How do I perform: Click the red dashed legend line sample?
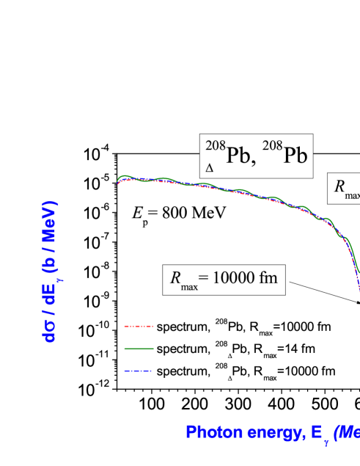click(139, 325)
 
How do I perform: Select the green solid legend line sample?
click(139, 348)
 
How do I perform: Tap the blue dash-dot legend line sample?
click(139, 371)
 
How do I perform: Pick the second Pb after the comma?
click(293, 156)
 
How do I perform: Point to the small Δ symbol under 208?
click(210, 168)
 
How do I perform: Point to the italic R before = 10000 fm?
click(175, 277)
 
